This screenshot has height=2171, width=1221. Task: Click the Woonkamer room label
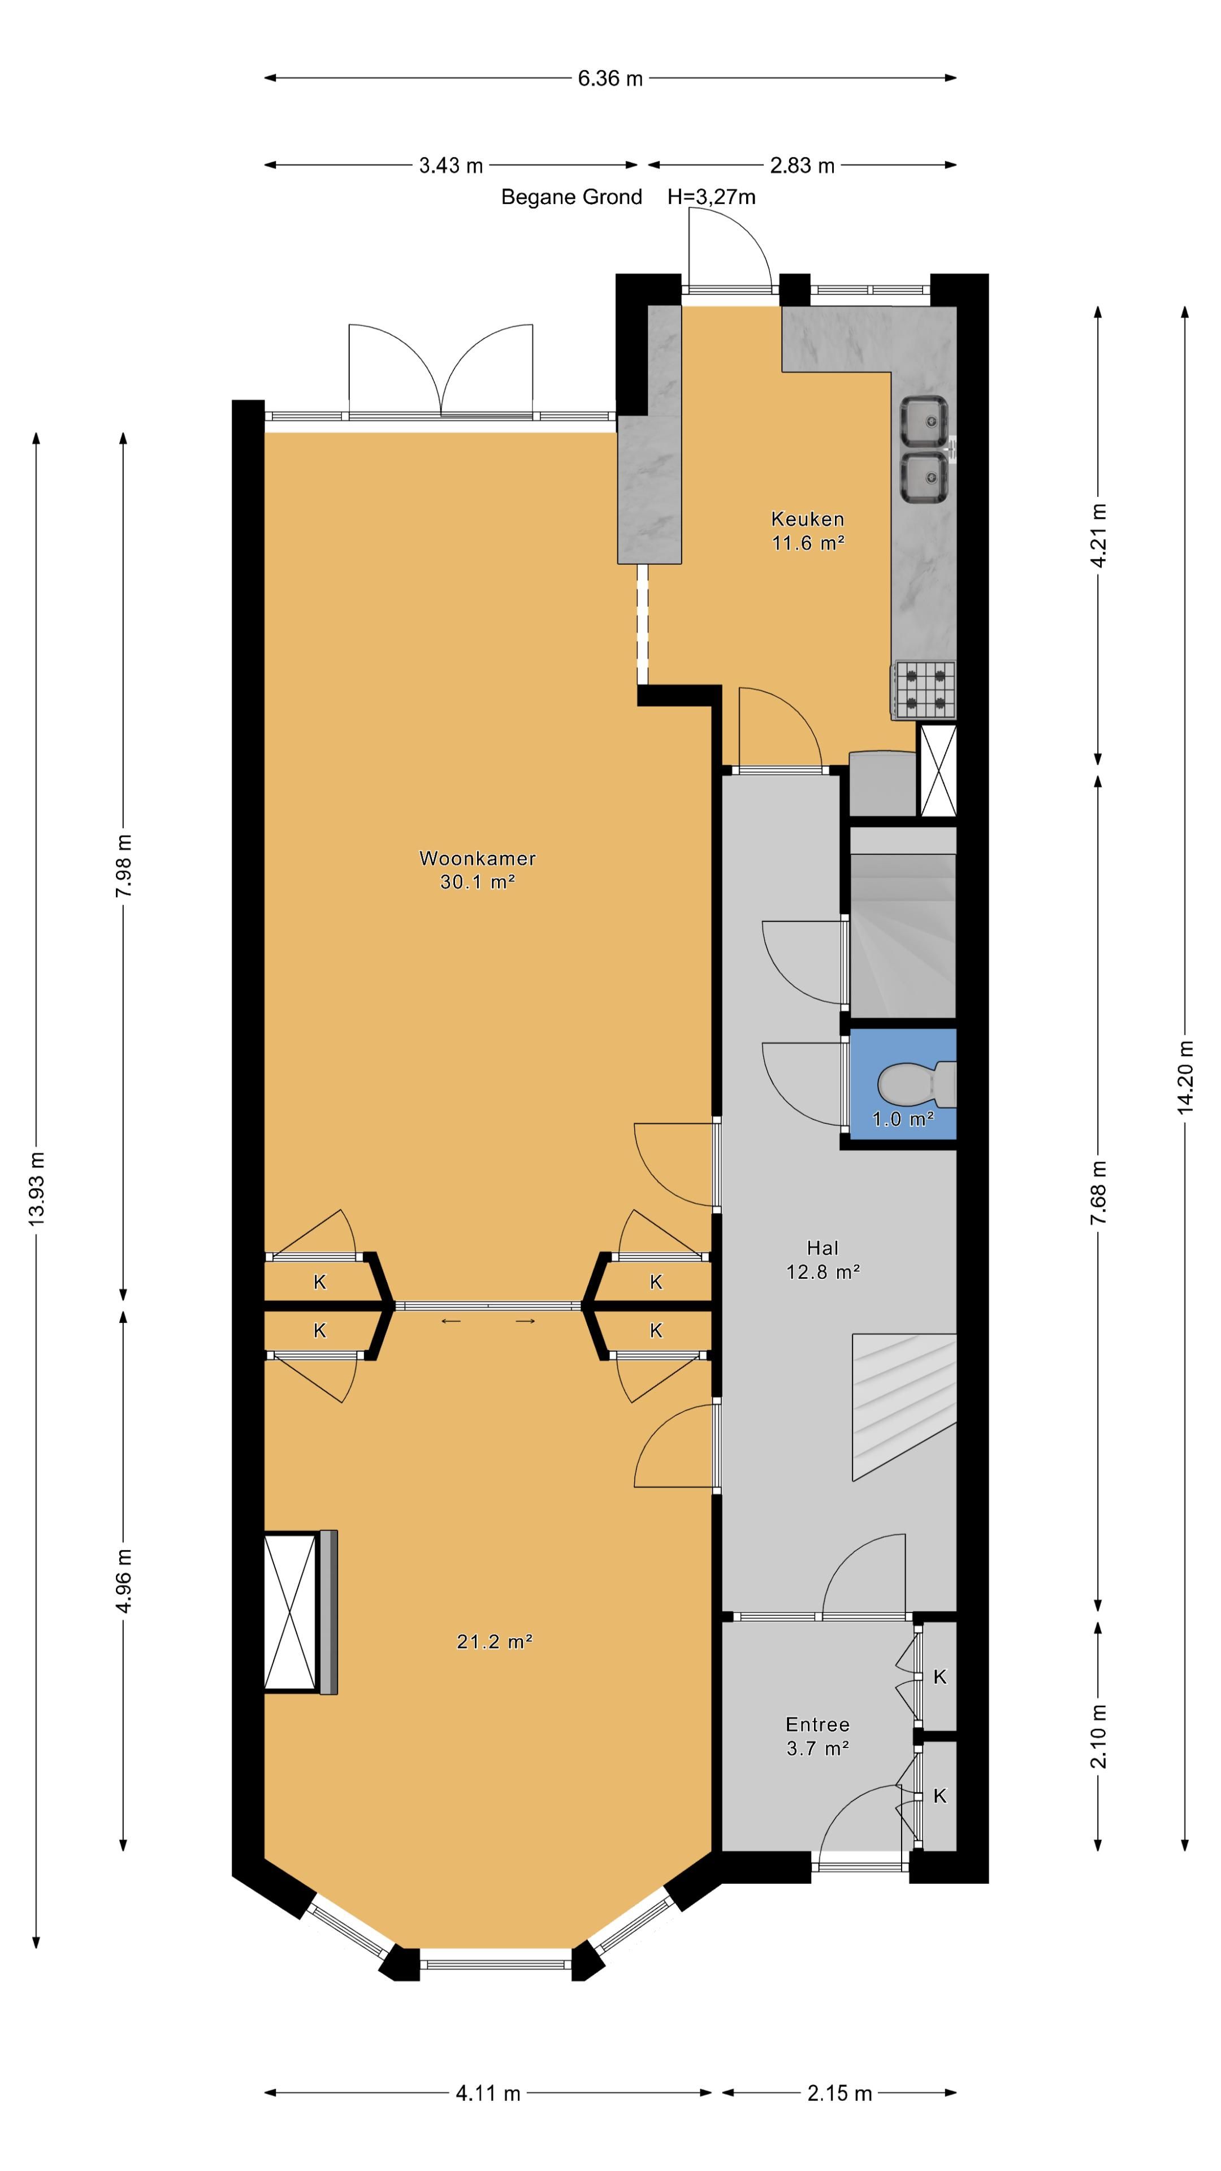point(477,858)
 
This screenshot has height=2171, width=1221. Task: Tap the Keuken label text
point(807,519)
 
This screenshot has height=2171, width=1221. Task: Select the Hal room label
point(822,1248)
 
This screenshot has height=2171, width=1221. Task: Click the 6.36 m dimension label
point(610,79)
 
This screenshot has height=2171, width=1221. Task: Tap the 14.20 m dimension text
point(1185,1077)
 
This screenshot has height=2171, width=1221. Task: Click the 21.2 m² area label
point(494,1641)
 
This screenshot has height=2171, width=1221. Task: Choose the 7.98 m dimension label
point(123,866)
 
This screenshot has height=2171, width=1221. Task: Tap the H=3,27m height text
point(711,197)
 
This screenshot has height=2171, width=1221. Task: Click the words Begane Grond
point(571,197)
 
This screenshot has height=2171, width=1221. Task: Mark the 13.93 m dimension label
point(36,1188)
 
